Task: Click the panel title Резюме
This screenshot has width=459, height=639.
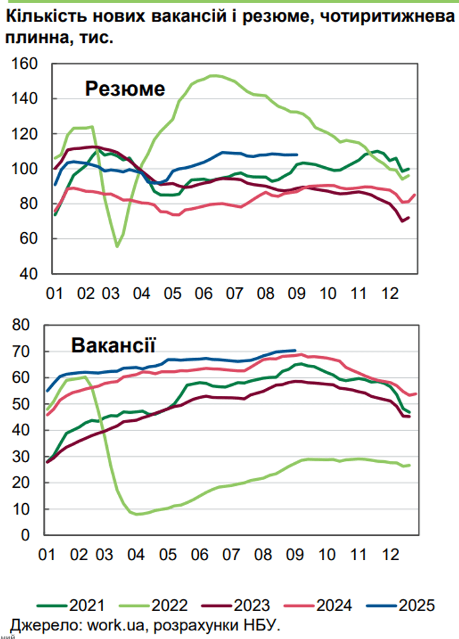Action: (125, 89)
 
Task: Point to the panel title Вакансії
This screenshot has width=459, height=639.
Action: (113, 345)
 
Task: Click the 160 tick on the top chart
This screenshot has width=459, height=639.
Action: (27, 64)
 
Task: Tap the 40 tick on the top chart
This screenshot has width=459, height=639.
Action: (30, 274)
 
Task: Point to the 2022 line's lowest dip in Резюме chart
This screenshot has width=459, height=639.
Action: (117, 246)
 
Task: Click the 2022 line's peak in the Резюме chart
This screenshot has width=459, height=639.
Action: (213, 76)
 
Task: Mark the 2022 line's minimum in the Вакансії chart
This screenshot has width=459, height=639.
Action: (136, 514)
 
